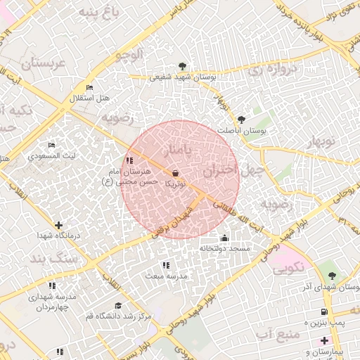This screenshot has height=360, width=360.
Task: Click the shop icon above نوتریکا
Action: point(175,173)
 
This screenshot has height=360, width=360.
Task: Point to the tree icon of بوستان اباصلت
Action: point(242,120)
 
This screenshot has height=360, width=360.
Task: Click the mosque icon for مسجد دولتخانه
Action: point(224,238)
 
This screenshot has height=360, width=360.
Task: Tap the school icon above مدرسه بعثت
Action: point(166,265)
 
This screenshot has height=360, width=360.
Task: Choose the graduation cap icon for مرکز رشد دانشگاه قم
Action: point(118,305)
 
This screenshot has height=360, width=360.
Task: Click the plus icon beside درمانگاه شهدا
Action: point(58,225)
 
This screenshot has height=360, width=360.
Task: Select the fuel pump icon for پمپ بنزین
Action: point(323,311)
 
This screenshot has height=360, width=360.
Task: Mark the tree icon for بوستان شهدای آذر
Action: point(332,276)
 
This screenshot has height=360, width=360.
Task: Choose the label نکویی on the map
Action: point(288,268)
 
